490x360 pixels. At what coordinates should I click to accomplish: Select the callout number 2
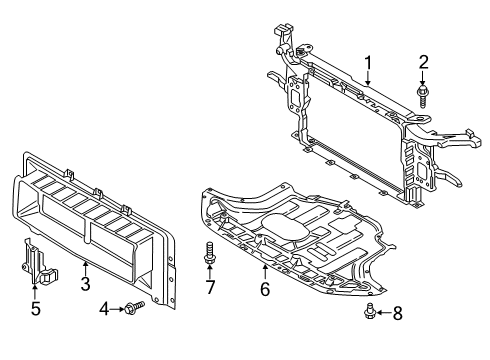pyautogui.click(x=424, y=63)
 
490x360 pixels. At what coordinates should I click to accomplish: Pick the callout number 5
pyautogui.click(x=36, y=309)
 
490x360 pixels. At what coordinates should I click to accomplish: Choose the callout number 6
pyautogui.click(x=265, y=291)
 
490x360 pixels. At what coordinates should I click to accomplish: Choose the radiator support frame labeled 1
pyautogui.click(x=360, y=140)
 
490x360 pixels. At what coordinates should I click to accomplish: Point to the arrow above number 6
pyautogui.click(x=265, y=274)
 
